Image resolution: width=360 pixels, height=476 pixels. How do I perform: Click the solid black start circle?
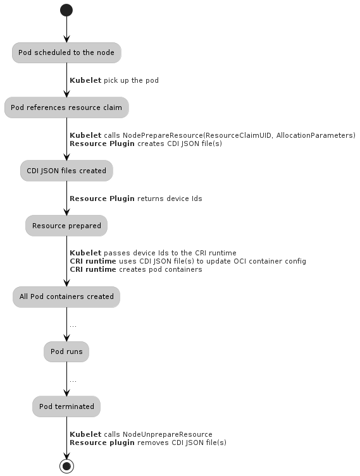coord(66,10)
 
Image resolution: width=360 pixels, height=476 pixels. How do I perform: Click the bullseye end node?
coord(66,466)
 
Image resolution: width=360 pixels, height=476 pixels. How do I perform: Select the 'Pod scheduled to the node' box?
coord(66,52)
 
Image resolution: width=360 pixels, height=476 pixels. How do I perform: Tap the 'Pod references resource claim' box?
coord(66,107)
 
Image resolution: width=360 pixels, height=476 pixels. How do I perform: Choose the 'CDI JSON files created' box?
coord(66,171)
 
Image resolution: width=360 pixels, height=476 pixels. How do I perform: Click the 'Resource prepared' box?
coord(66,226)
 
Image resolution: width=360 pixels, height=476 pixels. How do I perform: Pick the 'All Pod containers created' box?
coord(66,296)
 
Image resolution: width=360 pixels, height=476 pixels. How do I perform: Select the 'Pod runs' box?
coord(66,351)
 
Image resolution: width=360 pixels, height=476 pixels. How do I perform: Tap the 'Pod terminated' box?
coord(66,406)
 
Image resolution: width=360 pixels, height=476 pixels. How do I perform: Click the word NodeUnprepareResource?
coord(168,434)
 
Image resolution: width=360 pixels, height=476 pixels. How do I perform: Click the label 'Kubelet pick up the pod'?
coord(115,80)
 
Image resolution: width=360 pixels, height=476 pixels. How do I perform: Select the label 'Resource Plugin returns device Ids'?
coord(136,198)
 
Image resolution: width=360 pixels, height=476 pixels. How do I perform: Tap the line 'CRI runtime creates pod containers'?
coord(136,269)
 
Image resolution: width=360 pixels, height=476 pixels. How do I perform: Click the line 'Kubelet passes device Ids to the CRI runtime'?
coord(153,253)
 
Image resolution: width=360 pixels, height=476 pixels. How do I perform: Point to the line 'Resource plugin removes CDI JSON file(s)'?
coord(148,442)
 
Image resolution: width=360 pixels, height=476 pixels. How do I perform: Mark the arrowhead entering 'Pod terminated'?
coord(66,393)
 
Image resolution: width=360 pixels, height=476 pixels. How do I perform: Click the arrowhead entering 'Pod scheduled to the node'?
coord(66,39)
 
